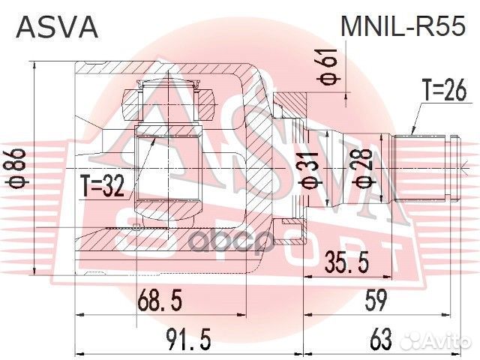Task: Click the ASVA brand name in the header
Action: coord(57,28)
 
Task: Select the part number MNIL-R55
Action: coord(403,28)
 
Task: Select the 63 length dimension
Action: coord(381,341)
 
